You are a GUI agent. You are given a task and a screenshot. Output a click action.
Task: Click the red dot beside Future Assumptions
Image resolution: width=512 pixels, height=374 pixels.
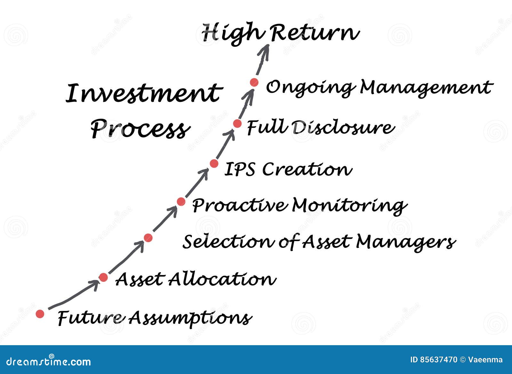[40, 314]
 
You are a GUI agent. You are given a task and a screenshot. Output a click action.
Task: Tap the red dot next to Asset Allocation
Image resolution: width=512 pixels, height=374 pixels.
[103, 277]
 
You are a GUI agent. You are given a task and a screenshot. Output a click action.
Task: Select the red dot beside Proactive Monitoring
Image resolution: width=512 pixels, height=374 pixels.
[181, 201]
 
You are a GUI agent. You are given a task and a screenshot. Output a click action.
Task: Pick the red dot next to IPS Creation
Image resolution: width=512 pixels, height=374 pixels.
[214, 164]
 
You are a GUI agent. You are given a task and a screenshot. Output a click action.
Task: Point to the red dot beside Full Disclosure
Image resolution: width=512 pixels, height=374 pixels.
[237, 123]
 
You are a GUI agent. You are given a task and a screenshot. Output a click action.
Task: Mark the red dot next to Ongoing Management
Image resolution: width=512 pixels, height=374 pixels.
[254, 82]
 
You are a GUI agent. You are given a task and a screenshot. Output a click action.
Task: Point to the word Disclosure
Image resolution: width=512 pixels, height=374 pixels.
[342, 127]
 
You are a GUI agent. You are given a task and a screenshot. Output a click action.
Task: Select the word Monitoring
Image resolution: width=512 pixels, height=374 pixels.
[349, 205]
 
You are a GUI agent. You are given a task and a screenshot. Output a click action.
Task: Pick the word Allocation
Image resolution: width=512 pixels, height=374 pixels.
[222, 279]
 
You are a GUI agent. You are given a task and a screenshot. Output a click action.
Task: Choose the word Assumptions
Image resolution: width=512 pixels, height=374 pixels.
[190, 318]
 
